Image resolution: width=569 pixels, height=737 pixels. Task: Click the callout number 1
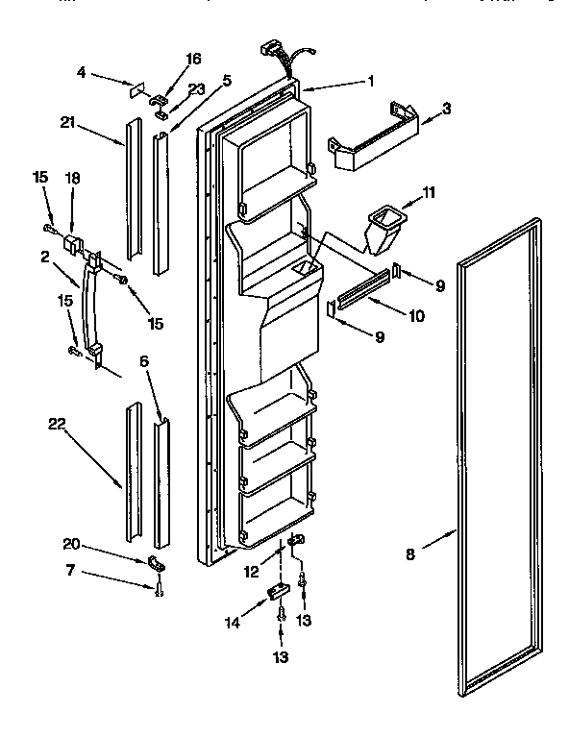coord(371,82)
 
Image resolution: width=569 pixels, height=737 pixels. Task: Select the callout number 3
coord(445,111)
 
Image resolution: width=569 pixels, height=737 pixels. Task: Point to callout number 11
coord(428,193)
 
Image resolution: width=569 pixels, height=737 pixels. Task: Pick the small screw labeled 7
coord(160,588)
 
